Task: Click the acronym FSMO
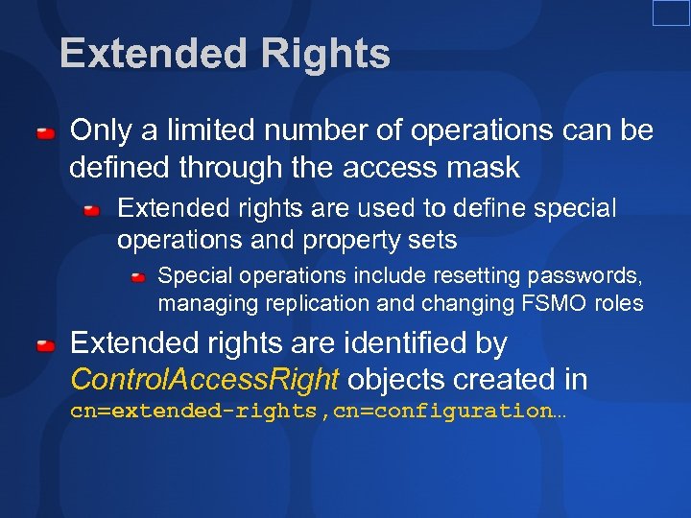(554, 303)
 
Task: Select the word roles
(619, 303)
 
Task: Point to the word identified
(403, 342)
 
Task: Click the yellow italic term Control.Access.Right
(204, 379)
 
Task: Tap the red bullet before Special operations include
(138, 277)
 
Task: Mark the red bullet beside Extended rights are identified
(45, 343)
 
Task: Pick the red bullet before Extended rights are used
(92, 209)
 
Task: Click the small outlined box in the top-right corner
(671, 12)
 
